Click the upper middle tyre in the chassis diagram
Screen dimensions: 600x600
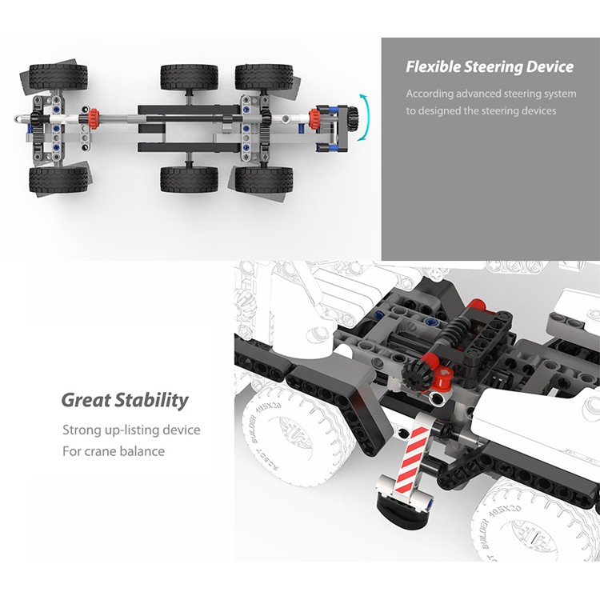click(x=189, y=78)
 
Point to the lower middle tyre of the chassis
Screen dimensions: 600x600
click(x=189, y=178)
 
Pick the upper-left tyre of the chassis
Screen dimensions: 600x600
click(x=58, y=77)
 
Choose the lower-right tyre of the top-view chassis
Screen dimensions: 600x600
click(x=264, y=178)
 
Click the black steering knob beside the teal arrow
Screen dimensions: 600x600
click(x=350, y=120)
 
